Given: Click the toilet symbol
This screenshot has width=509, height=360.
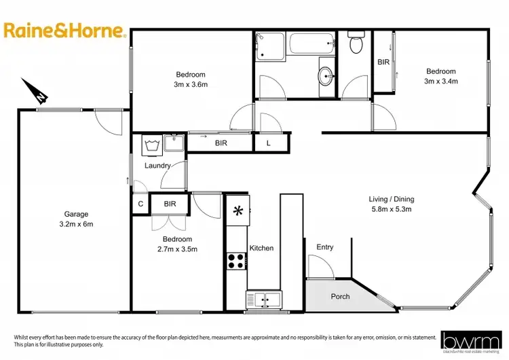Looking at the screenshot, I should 356,44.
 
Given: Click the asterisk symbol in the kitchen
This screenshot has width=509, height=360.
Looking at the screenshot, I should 238,211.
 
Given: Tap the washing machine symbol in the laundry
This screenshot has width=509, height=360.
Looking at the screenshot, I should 151,144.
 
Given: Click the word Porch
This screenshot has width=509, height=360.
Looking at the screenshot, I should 340,297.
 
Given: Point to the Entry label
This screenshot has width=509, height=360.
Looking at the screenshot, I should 325,247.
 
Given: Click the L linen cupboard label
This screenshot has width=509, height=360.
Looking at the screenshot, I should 268,143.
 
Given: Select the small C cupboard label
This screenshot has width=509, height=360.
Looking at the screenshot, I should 140,203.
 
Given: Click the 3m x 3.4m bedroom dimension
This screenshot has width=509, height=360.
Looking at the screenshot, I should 441,81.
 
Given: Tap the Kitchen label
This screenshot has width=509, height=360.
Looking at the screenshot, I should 262,248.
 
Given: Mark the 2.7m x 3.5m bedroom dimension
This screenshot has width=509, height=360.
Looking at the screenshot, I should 177,249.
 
